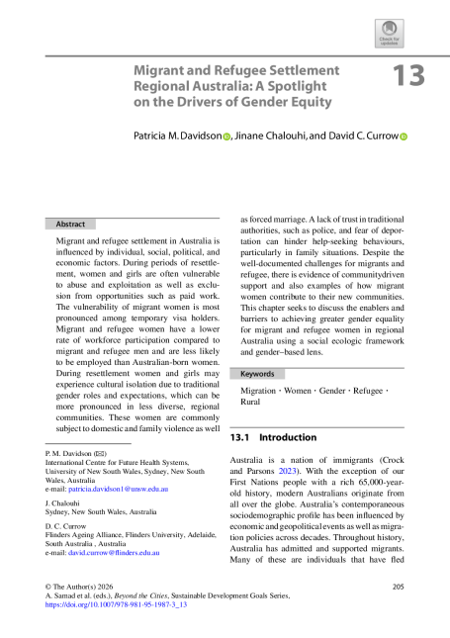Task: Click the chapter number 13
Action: click(408, 76)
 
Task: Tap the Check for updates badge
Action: click(390, 34)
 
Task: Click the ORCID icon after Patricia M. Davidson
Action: click(226, 137)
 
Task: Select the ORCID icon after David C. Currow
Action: click(404, 137)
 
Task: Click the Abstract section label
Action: click(70, 225)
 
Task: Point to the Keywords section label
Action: click(257, 374)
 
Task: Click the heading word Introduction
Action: click(288, 437)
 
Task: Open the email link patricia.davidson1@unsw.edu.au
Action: click(119, 489)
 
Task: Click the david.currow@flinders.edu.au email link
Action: click(114, 553)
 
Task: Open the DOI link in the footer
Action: click(116, 604)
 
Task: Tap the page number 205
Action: click(399, 587)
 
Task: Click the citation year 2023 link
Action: click(288, 471)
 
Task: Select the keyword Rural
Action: click(250, 402)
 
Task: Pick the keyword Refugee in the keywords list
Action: click(368, 391)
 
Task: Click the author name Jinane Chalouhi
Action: click(270, 136)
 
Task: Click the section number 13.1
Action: click(239, 437)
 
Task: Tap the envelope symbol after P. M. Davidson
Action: click(100, 454)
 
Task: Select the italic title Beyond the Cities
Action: click(140, 595)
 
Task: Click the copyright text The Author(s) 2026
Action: click(83, 587)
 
